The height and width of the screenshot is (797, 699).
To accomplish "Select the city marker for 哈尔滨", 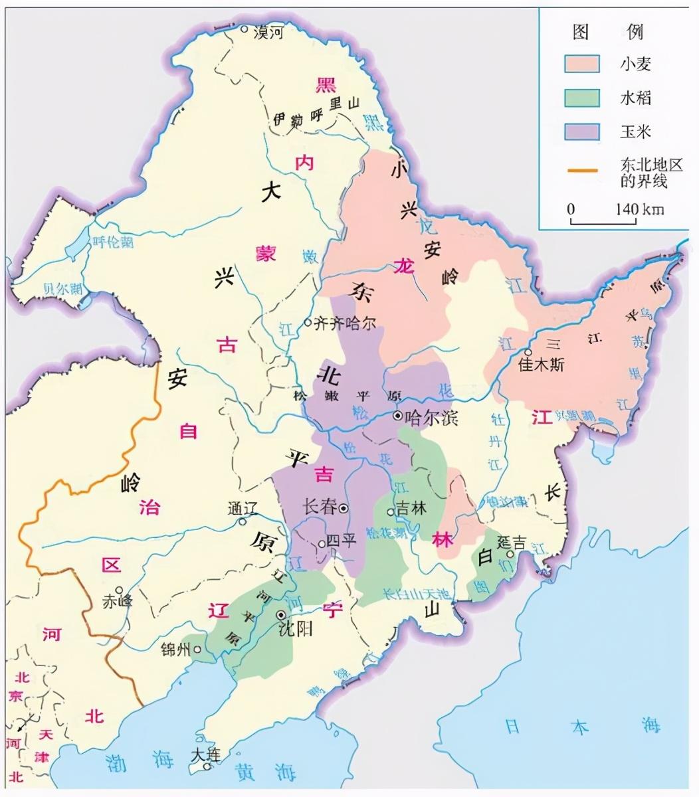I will click(397, 416).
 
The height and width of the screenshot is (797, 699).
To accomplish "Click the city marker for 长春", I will click(344, 508).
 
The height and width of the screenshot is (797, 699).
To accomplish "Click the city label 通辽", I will click(242, 509).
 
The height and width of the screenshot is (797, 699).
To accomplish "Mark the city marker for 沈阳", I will click(280, 615).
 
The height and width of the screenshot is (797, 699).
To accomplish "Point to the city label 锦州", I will click(175, 649).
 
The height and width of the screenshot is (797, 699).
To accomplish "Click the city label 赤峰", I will click(117, 602).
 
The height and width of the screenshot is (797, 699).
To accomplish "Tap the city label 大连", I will click(205, 755).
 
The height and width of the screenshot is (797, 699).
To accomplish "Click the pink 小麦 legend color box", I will click(582, 63).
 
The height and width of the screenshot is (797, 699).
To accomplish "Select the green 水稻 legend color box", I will click(582, 98).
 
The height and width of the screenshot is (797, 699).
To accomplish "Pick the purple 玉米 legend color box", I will click(582, 131).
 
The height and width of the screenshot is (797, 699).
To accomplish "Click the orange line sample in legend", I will click(583, 172).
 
